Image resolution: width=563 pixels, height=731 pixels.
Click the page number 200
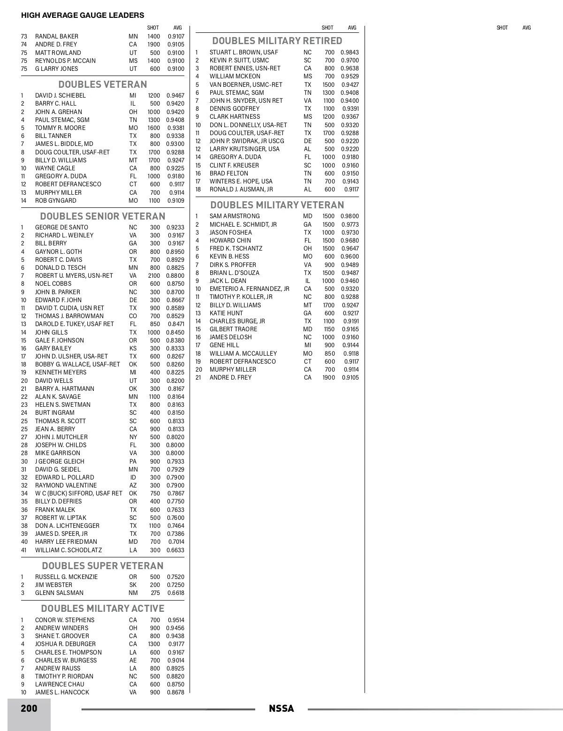coord(29,708)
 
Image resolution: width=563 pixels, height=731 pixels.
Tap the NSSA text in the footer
coord(281,709)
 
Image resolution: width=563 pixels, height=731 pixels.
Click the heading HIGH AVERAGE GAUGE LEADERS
coord(83,15)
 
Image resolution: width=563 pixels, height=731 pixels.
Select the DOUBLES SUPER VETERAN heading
coord(103,566)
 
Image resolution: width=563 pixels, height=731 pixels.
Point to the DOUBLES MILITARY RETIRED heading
coord(277,41)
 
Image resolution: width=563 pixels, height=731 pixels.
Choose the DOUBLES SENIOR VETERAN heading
coord(103,216)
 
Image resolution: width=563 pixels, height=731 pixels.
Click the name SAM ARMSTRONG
coord(235,216)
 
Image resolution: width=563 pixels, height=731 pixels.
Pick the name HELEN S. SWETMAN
coord(63,405)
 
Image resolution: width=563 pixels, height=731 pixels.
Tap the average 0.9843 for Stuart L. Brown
coord(350,53)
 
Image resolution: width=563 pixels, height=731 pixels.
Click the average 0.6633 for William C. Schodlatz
coord(175,550)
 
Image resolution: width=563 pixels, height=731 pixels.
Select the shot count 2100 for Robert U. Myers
coord(154,276)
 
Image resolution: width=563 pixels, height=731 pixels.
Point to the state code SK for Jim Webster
coord(133,585)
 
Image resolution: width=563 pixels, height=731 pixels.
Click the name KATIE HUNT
coord(226,313)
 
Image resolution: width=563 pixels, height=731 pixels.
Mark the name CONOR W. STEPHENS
coord(65,620)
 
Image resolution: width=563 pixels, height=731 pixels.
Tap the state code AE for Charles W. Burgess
coord(133,661)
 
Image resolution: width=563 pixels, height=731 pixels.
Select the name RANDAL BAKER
coord(57,37)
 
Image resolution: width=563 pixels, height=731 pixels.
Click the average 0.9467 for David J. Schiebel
coord(175,96)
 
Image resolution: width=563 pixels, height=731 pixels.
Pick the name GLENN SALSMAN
coord(59,593)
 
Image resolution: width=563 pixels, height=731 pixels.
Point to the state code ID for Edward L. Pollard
coord(133,478)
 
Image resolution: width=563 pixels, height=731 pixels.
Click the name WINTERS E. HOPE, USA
coord(241,182)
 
